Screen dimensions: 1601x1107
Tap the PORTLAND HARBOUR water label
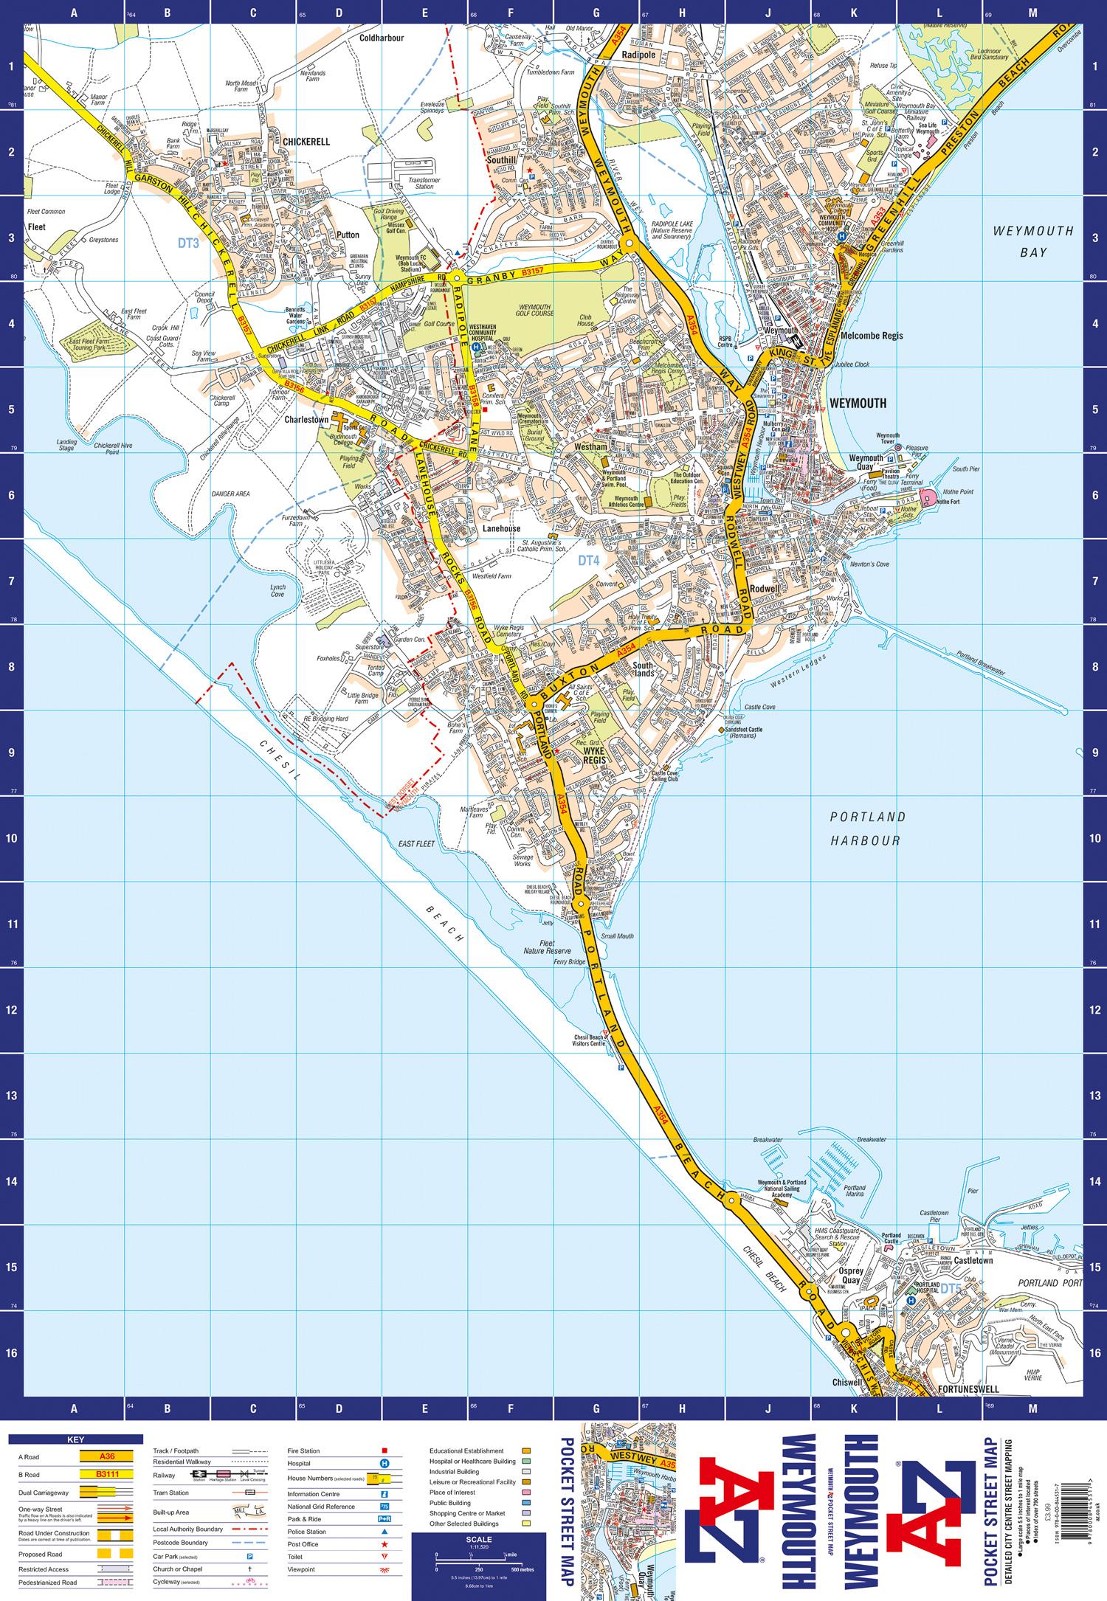click(866, 829)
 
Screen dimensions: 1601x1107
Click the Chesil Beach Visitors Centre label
click(588, 1041)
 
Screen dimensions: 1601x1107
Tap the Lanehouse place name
click(502, 528)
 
